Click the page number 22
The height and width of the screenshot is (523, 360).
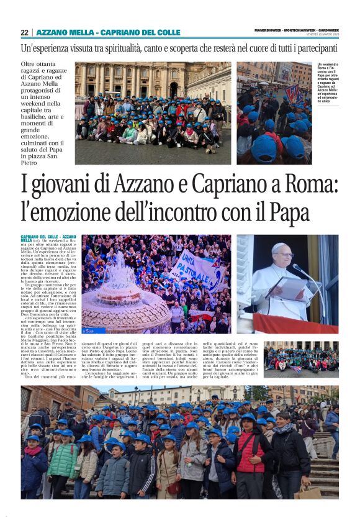tap(24, 32)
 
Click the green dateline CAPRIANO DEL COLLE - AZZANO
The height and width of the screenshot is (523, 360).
tap(48, 237)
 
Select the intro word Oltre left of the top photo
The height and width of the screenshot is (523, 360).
tap(29, 65)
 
